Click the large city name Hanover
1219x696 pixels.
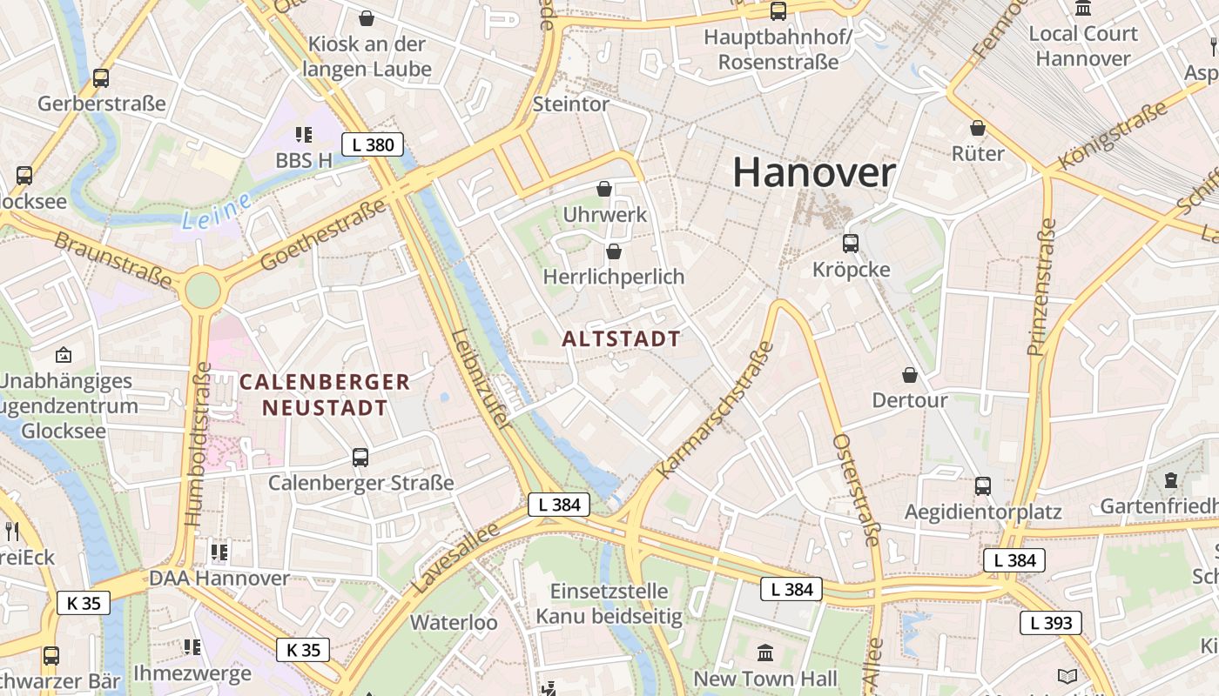click(813, 172)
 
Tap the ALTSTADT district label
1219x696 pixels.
click(621, 338)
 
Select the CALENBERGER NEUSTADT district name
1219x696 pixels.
click(325, 394)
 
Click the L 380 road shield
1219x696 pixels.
click(373, 144)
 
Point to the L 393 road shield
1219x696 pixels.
click(1051, 623)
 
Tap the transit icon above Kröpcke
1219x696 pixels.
click(851, 244)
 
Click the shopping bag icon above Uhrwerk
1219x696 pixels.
click(604, 188)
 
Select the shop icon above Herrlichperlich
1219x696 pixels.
click(614, 251)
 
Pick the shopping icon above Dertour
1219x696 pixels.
click(910, 375)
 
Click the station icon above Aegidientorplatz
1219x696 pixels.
click(983, 485)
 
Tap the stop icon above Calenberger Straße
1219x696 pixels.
click(360, 457)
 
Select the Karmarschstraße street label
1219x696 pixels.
click(717, 410)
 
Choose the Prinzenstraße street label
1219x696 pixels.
click(1042, 287)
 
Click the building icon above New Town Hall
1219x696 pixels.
click(765, 652)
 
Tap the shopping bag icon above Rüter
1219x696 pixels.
click(978, 128)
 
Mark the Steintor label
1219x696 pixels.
click(570, 104)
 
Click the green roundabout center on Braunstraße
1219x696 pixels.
click(202, 290)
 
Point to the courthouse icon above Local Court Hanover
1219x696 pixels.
click(1083, 8)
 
